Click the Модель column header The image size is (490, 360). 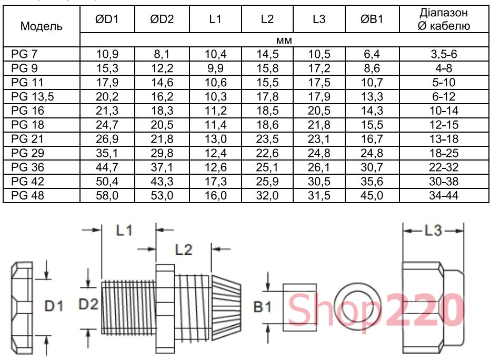coord(41,26)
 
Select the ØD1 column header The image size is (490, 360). coord(107,19)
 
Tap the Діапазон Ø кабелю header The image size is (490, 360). coord(444,19)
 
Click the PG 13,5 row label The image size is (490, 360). coord(33,96)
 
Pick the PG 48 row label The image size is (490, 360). coord(27,195)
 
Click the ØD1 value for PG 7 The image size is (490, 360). coord(107,54)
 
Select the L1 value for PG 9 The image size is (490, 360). coord(215,68)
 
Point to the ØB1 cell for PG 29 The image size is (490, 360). coord(372,153)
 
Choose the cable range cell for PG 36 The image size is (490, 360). coord(444,167)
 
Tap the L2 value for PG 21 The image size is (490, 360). coord(267,139)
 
